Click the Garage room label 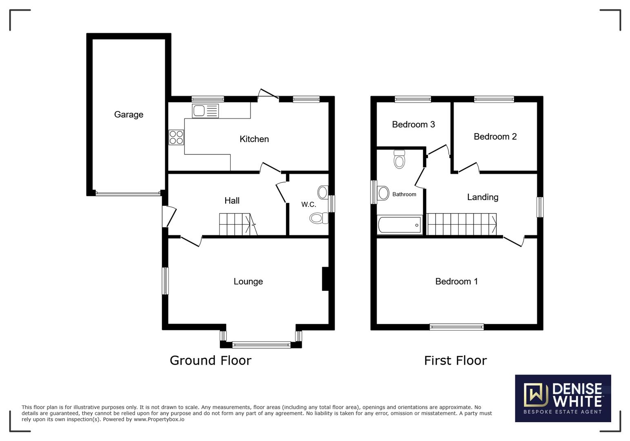[129, 115]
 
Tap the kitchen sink [205, 111]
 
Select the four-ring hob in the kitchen [176, 137]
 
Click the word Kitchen [254, 139]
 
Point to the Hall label [232, 200]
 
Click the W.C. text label [308, 204]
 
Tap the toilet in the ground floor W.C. [318, 218]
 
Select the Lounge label [248, 281]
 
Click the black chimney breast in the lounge [325, 279]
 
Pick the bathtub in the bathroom [400, 225]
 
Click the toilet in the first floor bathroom [399, 159]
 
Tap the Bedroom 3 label [413, 125]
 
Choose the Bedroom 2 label [495, 137]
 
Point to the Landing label [483, 197]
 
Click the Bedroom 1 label [456, 281]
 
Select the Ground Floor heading [211, 360]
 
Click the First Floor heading [455, 360]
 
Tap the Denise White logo [563, 398]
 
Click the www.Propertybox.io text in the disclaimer [159, 419]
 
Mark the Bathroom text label [404, 194]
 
